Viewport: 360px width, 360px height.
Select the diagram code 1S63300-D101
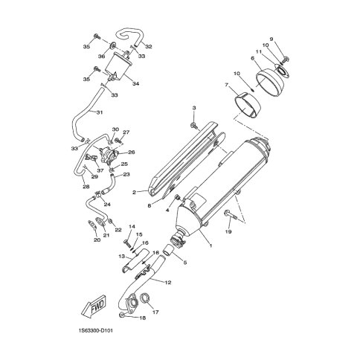pyautogui.click(x=95, y=330)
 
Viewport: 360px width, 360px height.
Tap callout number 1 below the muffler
pyautogui.click(x=210, y=245)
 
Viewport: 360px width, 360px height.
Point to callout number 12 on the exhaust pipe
pyautogui.click(x=168, y=283)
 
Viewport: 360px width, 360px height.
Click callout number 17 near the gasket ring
pyautogui.click(x=155, y=312)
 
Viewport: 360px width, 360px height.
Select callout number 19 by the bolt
pyautogui.click(x=228, y=231)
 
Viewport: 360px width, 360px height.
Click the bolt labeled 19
pyautogui.click(x=231, y=215)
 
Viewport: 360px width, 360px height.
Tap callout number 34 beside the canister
pyautogui.click(x=135, y=84)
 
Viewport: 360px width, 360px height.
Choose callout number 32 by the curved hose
pyautogui.click(x=149, y=46)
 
